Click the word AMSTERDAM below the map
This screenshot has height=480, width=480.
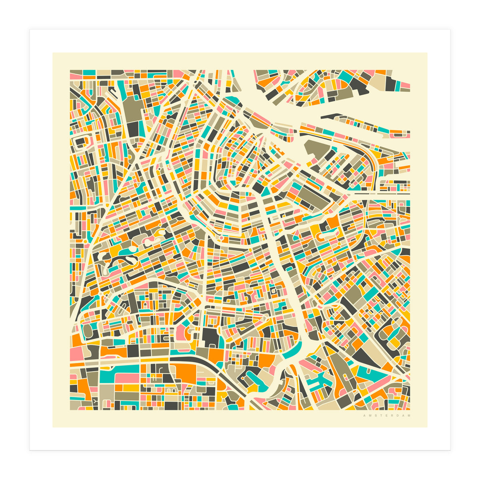click(x=387, y=416)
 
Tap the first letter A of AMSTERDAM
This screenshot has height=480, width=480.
click(x=364, y=416)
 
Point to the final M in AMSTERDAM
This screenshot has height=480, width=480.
click(x=409, y=416)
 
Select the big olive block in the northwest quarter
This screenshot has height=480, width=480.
click(x=131, y=107)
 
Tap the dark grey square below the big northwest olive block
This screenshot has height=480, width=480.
click(x=132, y=129)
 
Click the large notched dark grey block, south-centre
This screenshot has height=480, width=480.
click(x=211, y=338)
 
